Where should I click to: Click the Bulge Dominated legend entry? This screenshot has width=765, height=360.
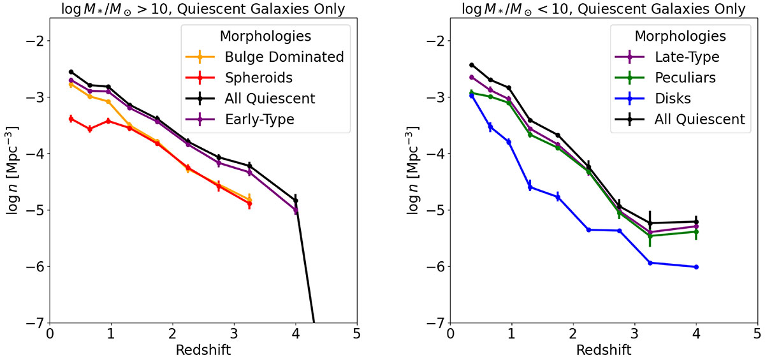point(284,57)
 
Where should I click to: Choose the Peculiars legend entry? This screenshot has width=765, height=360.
point(684,78)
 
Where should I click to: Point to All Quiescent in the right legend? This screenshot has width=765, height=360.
point(699,119)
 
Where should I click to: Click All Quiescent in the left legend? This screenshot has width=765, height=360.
point(270,98)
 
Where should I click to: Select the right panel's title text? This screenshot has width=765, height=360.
point(604,9)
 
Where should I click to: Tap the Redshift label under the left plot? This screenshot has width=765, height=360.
point(203,350)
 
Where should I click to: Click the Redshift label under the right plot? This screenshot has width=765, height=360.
point(604,350)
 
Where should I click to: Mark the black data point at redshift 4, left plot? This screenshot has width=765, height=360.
point(296,201)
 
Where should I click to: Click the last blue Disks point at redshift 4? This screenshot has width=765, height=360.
point(696,267)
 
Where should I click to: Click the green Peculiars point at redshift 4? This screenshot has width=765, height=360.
point(696,231)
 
